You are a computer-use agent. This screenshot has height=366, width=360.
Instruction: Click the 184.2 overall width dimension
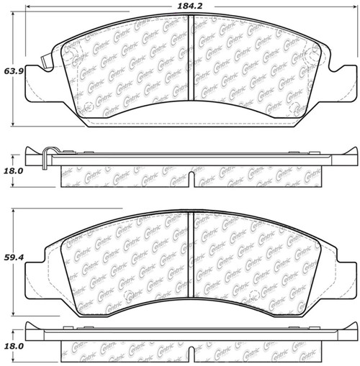point(189,6)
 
